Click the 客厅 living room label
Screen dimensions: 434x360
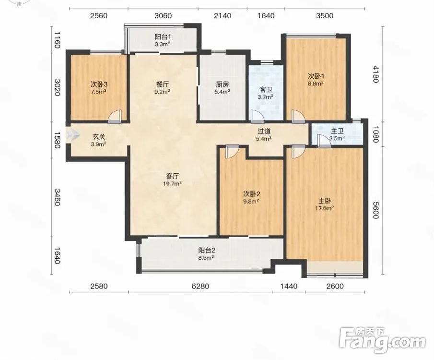click(x=173, y=176)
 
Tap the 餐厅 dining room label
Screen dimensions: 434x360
click(x=163, y=84)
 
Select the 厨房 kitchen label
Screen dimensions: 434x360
click(x=223, y=84)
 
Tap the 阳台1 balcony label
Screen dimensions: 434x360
click(x=163, y=37)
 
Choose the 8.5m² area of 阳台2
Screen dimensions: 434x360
click(x=207, y=258)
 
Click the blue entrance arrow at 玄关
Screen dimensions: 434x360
click(x=72, y=135)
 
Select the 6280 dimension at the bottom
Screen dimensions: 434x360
click(x=200, y=286)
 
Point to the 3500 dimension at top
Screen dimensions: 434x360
click(x=325, y=15)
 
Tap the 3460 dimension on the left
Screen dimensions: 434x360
click(x=57, y=197)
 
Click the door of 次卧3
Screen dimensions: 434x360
click(x=115, y=116)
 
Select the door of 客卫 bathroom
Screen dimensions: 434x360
click(x=257, y=116)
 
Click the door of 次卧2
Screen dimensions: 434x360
click(x=232, y=152)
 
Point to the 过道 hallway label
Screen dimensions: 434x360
click(x=264, y=132)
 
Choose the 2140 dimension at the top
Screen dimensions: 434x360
click(x=223, y=15)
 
